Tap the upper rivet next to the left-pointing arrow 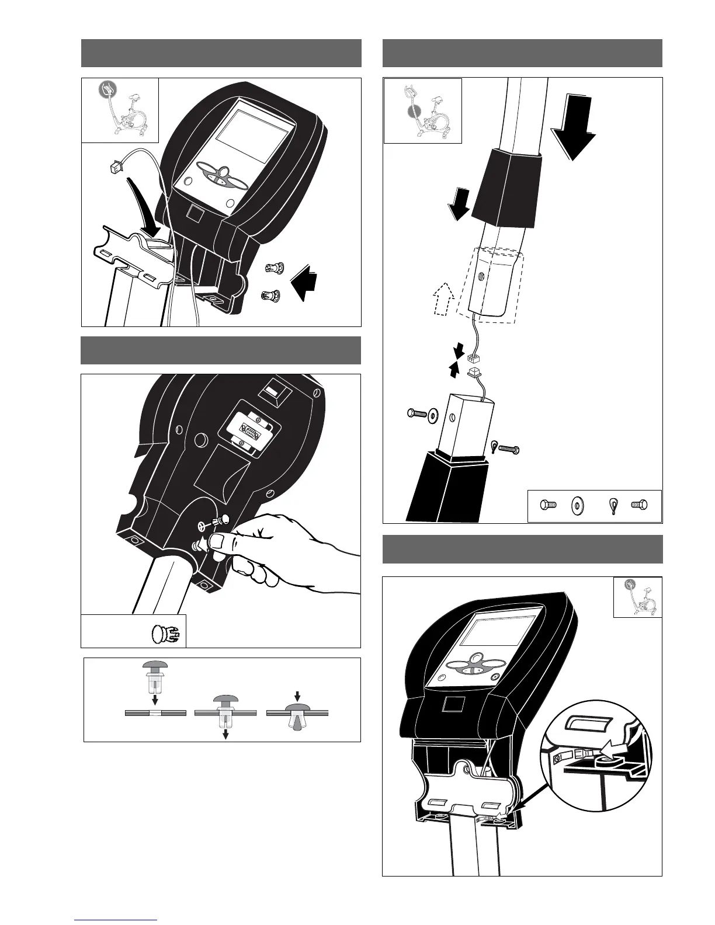tap(272, 269)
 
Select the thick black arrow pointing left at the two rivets tap(304, 282)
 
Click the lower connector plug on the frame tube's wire tap(475, 371)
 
